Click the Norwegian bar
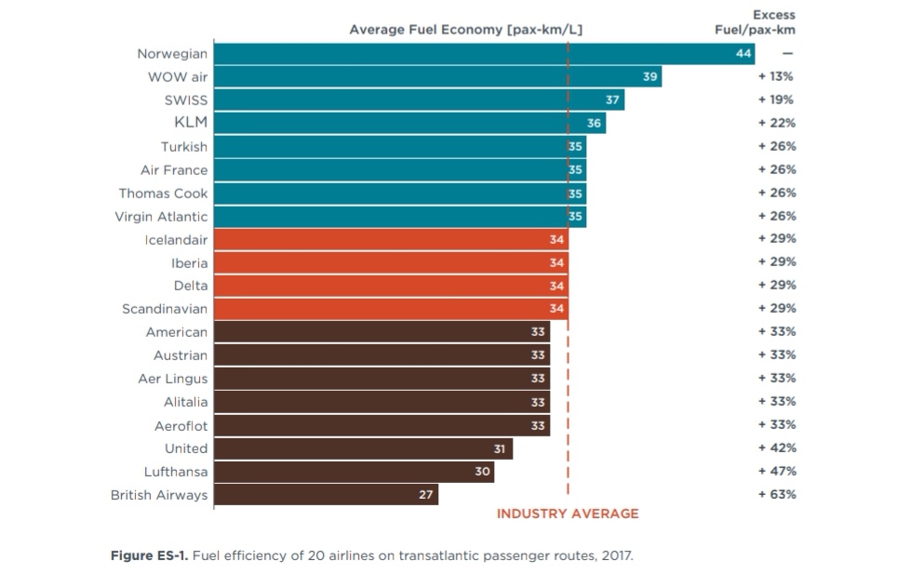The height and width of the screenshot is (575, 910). (x=484, y=54)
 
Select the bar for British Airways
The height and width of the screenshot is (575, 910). (x=326, y=495)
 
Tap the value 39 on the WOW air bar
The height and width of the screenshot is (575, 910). (x=650, y=77)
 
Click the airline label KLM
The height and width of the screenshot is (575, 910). (x=191, y=123)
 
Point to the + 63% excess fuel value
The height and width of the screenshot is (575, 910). (x=777, y=494)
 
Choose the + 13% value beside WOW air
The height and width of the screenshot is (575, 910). (x=777, y=76)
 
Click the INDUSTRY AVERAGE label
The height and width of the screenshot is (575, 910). (x=568, y=514)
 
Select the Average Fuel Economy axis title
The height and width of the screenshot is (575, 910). (x=465, y=30)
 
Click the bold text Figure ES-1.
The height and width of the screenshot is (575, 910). (x=148, y=556)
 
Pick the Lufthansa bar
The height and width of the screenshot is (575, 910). (x=354, y=472)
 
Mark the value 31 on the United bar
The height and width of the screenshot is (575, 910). (x=500, y=448)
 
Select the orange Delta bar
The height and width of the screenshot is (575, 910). (x=391, y=286)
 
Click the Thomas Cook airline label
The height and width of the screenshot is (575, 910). (x=163, y=194)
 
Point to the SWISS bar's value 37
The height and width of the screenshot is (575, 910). (x=612, y=100)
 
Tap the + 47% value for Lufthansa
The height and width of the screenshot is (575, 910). (x=777, y=471)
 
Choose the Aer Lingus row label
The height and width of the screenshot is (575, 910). (x=173, y=379)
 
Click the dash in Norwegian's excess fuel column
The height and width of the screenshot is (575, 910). (x=787, y=53)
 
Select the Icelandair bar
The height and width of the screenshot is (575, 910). (x=391, y=239)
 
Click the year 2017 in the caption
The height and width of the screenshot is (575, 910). (x=616, y=556)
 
